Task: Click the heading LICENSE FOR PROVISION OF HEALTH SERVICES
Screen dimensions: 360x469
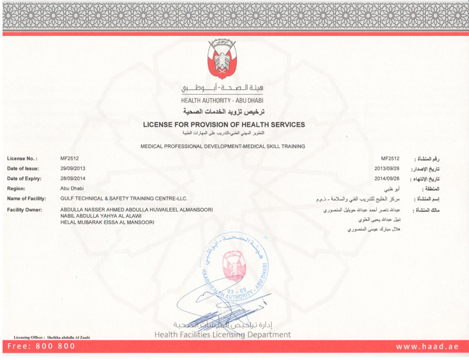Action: coord(223,124)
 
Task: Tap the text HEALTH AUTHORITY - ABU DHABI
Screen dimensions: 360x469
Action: coord(223,100)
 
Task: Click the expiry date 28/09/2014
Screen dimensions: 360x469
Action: coord(73,178)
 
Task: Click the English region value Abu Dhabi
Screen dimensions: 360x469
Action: coord(72,188)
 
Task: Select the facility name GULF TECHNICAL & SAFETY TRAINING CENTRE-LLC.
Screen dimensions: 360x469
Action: coord(124,198)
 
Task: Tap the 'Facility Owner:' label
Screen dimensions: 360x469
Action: coord(25,210)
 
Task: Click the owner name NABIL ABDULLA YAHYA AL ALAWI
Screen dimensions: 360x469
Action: coord(100,216)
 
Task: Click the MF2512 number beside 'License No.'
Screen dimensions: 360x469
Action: coord(70,158)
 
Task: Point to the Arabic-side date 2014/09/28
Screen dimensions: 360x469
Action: coord(387,178)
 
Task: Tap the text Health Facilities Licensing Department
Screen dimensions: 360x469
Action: coord(223,334)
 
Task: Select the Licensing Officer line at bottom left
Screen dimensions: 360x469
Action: coord(52,338)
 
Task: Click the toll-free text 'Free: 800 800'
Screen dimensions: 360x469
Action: coord(41,347)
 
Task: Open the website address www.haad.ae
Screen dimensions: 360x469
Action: coord(427,347)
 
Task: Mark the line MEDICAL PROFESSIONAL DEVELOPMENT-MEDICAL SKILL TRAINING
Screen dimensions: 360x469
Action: coord(223,146)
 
